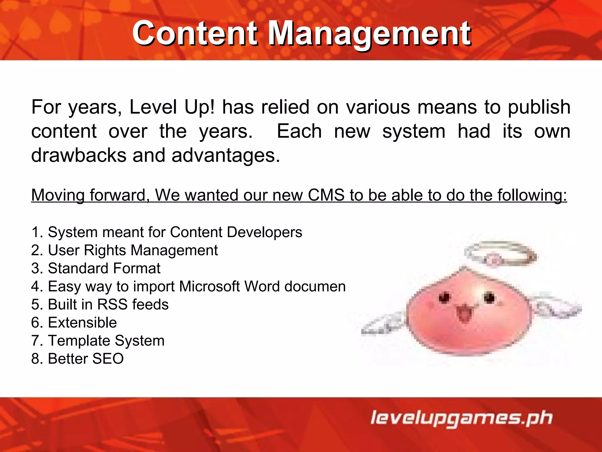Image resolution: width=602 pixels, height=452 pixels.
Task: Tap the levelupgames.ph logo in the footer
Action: (461, 418)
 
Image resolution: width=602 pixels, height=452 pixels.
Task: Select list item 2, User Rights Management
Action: (124, 250)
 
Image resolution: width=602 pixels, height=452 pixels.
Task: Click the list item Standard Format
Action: (96, 268)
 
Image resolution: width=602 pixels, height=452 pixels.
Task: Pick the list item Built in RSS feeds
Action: (100, 305)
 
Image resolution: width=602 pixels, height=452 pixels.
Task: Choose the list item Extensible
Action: (74, 323)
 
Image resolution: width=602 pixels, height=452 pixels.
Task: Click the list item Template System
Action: (98, 341)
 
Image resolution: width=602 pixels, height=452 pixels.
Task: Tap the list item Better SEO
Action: (78, 359)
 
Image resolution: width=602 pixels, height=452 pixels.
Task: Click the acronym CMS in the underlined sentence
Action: (326, 195)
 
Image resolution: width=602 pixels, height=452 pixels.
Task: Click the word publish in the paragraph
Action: (539, 107)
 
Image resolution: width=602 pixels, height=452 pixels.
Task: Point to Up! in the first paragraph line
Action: (200, 107)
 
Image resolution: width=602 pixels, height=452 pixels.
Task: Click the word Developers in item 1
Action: (265, 232)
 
